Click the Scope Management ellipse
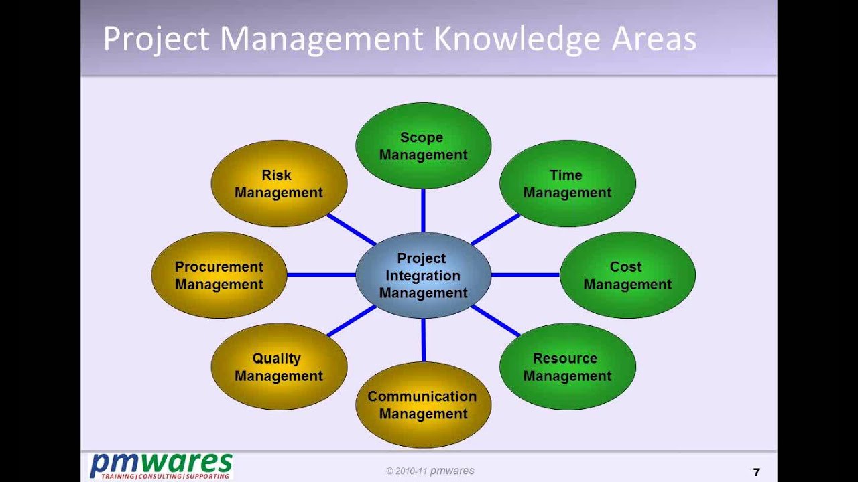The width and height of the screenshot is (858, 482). [x=423, y=146]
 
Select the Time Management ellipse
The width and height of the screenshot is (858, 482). [x=568, y=183]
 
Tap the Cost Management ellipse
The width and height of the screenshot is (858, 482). [x=627, y=275]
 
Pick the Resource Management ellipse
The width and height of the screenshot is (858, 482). [x=568, y=366]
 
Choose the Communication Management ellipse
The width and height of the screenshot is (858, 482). [x=423, y=405]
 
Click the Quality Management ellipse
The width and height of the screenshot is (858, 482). [x=280, y=366]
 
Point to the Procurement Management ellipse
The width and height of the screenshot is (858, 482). [x=219, y=275]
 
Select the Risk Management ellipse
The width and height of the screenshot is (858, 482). [x=280, y=183]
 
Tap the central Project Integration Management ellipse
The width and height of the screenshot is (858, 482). [x=423, y=275]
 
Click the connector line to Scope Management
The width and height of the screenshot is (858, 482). [x=423, y=210]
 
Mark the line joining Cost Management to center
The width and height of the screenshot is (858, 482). [x=526, y=275]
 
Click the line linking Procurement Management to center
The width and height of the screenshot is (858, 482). [x=321, y=275]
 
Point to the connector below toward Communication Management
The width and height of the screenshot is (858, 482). [x=423, y=340]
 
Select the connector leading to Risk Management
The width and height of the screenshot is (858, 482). [x=351, y=230]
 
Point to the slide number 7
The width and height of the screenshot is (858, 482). [x=757, y=472]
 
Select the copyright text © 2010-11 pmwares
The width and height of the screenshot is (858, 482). [x=430, y=471]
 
